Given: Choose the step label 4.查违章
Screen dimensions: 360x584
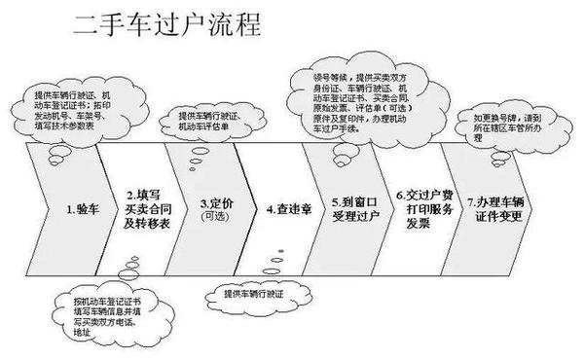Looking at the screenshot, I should (x=284, y=208).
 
